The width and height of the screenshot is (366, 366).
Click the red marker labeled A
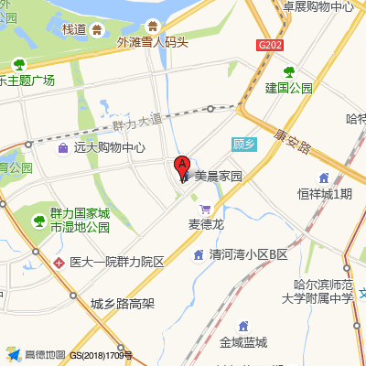[182, 167]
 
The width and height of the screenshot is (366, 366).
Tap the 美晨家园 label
[218, 177]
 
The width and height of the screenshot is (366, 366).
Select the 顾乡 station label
[241, 144]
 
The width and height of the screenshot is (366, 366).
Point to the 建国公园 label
[289, 89]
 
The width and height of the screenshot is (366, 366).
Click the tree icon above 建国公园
[289, 71]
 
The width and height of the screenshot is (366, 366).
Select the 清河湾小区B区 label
[248, 254]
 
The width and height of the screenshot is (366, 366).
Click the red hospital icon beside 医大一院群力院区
[59, 262]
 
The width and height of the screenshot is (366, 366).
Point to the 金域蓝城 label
[243, 342]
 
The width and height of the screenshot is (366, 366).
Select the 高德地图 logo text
[43, 354]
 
